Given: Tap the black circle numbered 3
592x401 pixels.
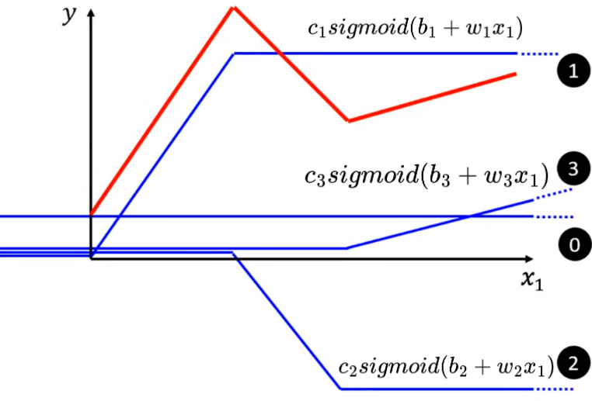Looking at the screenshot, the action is pos(573,169).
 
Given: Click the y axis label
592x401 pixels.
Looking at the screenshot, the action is pos(70,16).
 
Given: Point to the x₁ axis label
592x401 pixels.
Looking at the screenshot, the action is pos(531,280).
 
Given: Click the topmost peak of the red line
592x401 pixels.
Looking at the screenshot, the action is pos(233,8).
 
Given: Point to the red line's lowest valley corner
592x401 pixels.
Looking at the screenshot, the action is pos(348,121).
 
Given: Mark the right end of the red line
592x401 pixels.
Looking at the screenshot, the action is pos(516,74).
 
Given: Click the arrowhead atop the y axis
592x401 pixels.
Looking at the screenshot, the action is pos(92,13).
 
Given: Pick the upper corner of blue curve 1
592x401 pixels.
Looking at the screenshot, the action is pos(235,54).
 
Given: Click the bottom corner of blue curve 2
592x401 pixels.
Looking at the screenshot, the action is pos(340,389).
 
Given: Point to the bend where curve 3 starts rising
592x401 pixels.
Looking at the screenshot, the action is pos(346,248).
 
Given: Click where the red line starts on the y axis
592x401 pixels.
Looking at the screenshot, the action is pos(92,213).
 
